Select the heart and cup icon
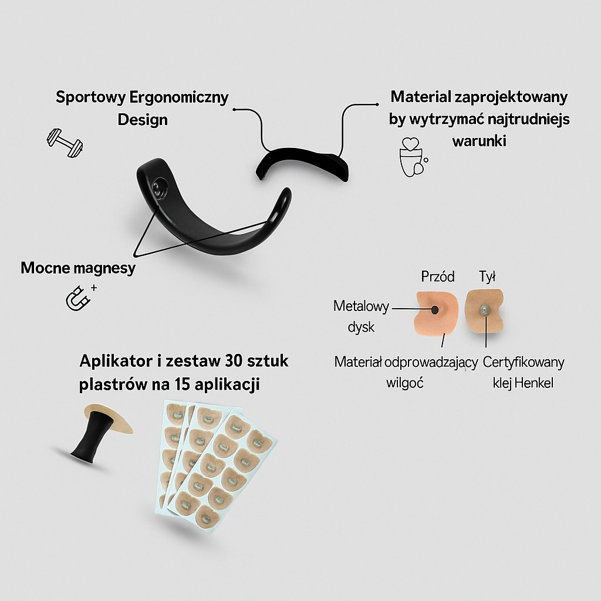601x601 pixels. click(411, 157)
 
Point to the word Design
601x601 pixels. click(143, 120)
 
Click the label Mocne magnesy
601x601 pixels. click(78, 268)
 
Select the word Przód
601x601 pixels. click(438, 276)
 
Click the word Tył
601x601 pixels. click(488, 276)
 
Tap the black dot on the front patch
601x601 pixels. click(435, 309)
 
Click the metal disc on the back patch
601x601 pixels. click(483, 309)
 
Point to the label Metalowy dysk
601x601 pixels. click(360, 316)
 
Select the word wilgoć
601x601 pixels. click(405, 383)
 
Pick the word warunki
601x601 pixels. click(479, 141)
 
